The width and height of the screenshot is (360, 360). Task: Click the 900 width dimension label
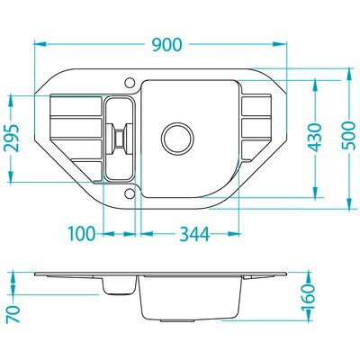click(x=166, y=44)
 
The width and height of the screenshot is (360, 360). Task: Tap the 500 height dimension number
click(x=349, y=136)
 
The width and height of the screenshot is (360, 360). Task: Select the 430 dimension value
click(x=315, y=137)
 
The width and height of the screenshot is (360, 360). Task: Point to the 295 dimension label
click(x=12, y=138)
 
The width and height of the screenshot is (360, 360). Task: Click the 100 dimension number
click(x=82, y=234)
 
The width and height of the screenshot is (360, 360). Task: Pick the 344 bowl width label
click(x=194, y=234)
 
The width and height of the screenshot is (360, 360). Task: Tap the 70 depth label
click(x=13, y=314)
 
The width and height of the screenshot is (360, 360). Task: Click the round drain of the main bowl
click(x=177, y=139)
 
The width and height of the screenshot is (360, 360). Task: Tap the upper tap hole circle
click(x=130, y=83)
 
